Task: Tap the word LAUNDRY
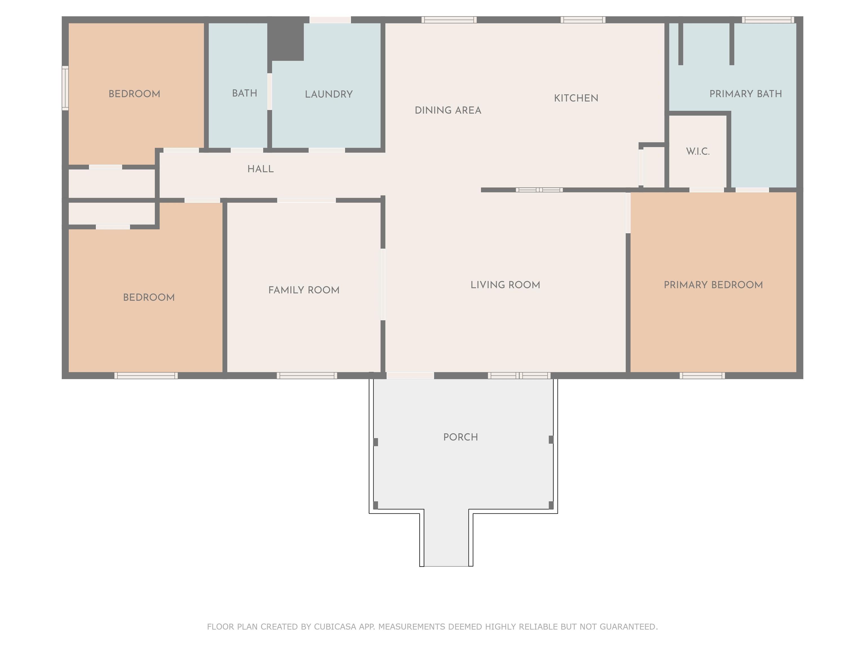coord(329,94)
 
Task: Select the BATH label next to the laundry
coord(244,93)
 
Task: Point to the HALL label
coord(260,169)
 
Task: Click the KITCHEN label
coord(576,98)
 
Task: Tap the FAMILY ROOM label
coord(304,290)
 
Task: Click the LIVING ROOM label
coord(505,285)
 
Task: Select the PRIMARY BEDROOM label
coord(713,285)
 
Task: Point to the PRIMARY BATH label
coord(746,94)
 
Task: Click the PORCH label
coord(461,437)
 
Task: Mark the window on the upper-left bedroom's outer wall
coord(65,88)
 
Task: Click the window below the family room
coord(307,375)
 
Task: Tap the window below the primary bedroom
coord(702,375)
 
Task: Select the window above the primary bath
coord(768,19)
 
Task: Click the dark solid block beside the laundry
coord(286,41)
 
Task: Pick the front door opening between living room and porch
coord(410,375)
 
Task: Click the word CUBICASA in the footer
coord(335,627)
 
